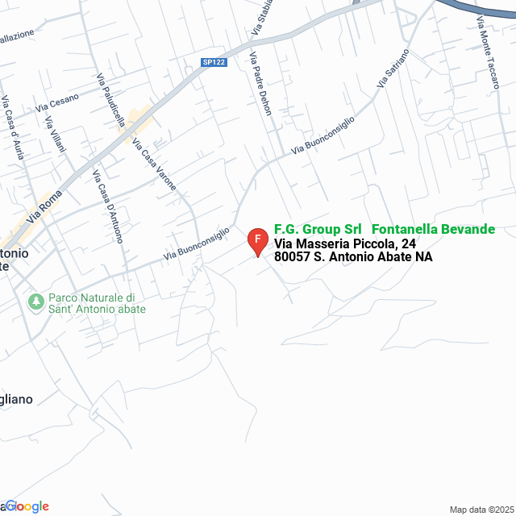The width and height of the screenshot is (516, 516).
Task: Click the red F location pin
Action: coord(257,240)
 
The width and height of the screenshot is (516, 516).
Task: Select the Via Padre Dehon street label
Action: coord(260,84)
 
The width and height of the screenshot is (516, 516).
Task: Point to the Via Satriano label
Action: coord(393,69)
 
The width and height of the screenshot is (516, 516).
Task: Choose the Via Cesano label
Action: coord(57,102)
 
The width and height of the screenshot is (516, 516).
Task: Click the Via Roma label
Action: coord(44,207)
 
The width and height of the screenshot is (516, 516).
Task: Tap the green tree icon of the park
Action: coord(35,302)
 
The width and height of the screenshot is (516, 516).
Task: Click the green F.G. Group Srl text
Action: coord(318,229)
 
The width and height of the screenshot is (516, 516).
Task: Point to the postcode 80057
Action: coord(291,257)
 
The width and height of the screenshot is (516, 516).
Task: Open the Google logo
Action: coord(29,506)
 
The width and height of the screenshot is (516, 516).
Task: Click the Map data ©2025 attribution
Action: coord(481,510)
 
